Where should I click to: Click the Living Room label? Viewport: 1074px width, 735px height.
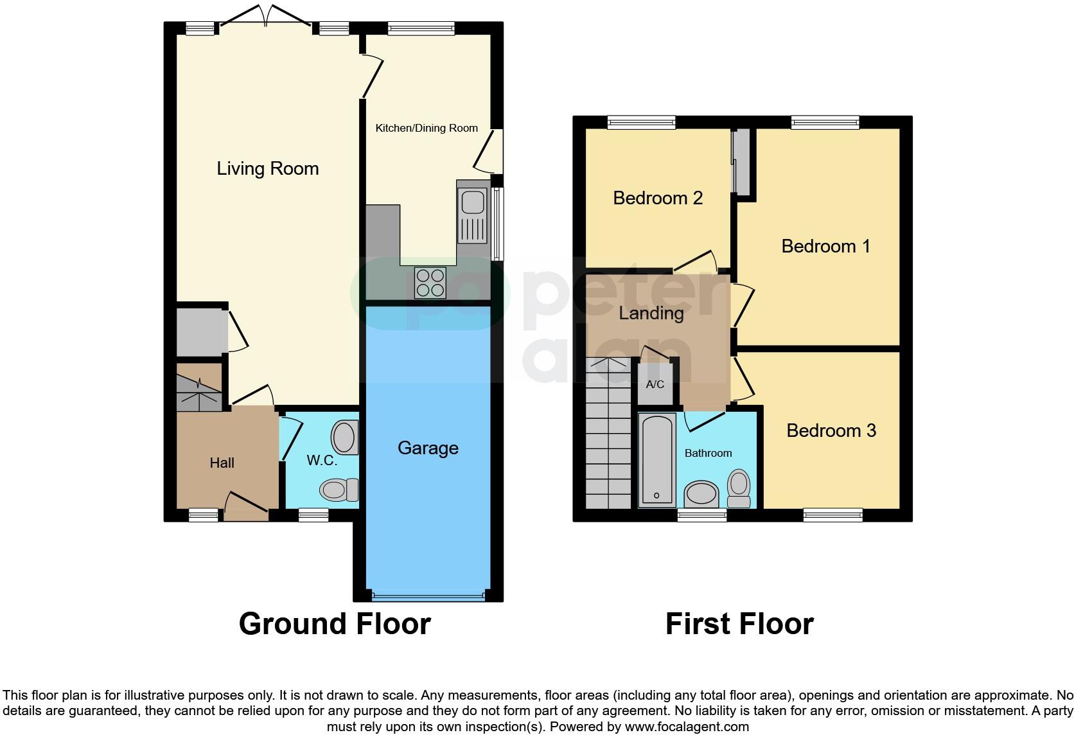(x=267, y=168)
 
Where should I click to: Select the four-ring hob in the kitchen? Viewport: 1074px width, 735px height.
(x=430, y=283)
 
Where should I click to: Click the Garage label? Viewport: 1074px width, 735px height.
(x=428, y=448)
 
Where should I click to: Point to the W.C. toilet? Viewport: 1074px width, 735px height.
(x=339, y=490)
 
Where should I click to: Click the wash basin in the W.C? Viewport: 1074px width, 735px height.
(x=345, y=438)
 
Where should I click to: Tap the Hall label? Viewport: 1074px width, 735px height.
(x=222, y=463)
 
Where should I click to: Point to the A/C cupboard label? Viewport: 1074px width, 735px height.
(x=655, y=385)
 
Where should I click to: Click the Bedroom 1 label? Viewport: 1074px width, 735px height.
(x=825, y=246)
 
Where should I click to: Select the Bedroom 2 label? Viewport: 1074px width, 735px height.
(x=658, y=198)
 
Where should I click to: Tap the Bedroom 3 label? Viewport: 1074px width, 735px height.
(x=831, y=430)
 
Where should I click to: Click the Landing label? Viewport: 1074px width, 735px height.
(x=651, y=313)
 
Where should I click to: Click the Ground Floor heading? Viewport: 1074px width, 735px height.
(x=335, y=624)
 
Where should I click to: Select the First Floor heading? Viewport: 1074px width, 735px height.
(x=739, y=624)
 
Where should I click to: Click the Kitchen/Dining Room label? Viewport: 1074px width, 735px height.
(x=427, y=128)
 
